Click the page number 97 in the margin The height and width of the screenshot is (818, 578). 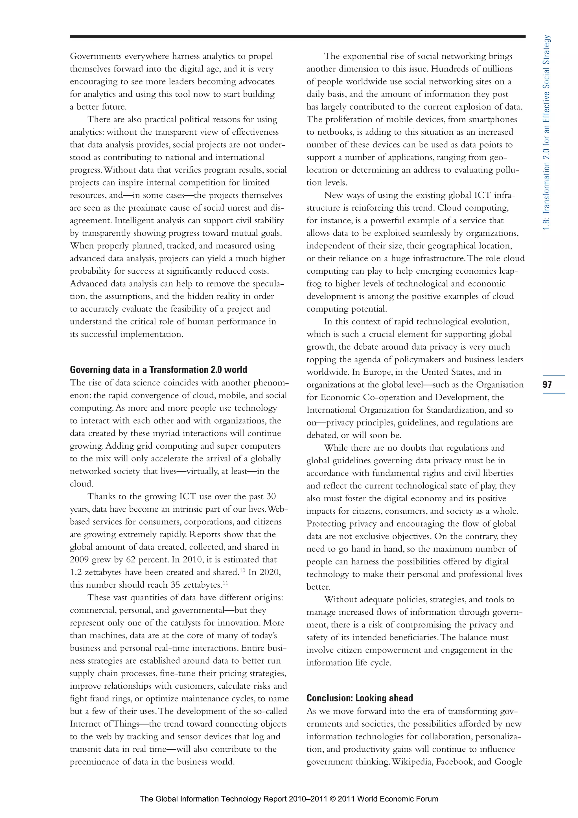(547, 384)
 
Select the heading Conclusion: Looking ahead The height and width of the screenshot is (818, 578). (359, 698)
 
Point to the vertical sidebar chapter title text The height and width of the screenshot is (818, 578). (547, 132)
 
